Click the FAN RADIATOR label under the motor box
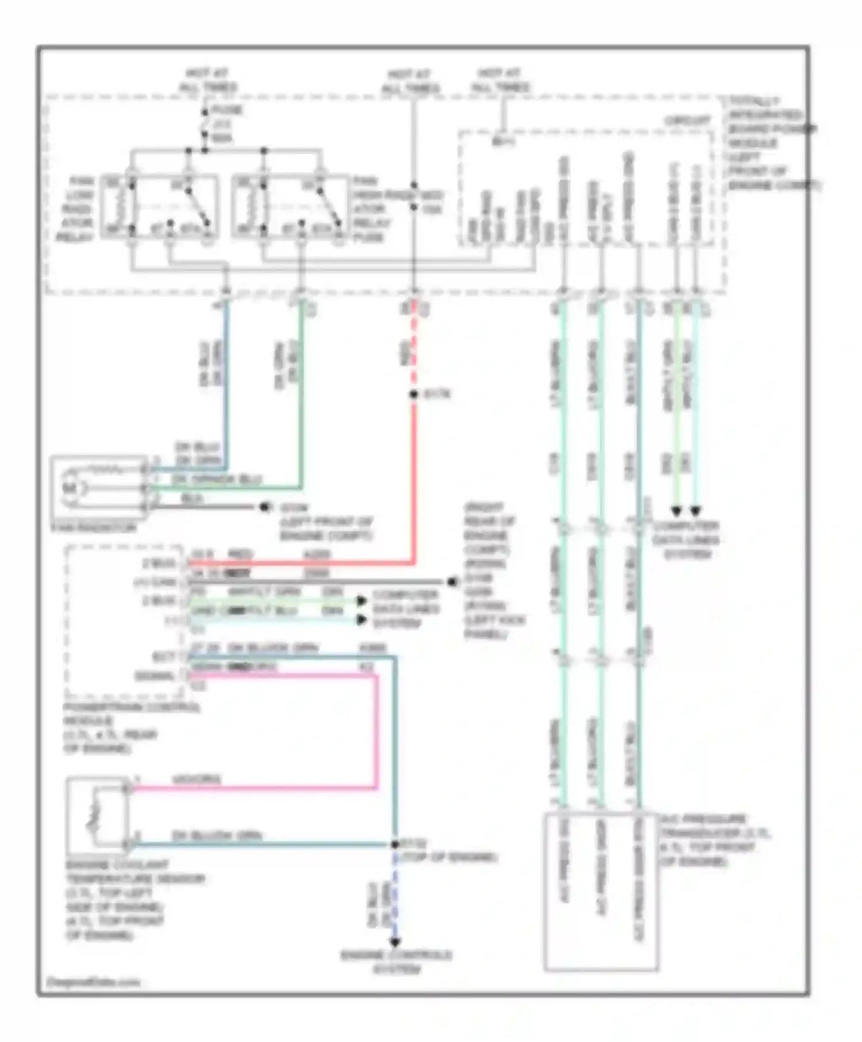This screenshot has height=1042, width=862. (94, 527)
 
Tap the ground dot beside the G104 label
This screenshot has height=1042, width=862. (265, 507)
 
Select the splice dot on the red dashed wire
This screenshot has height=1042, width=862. (413, 395)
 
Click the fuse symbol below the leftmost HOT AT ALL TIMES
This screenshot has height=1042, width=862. (205, 124)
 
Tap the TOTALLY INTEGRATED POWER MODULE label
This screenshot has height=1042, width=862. (770, 143)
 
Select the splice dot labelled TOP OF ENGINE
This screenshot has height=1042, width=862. (395, 844)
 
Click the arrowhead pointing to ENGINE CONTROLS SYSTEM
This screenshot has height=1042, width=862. (395, 943)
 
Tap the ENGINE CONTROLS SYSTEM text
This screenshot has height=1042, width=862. (396, 962)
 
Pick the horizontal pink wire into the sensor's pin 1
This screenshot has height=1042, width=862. (253, 788)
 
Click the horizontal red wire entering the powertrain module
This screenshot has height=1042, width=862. (299, 564)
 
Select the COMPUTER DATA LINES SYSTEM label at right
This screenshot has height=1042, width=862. (686, 540)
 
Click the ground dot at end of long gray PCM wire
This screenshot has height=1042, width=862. (452, 582)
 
